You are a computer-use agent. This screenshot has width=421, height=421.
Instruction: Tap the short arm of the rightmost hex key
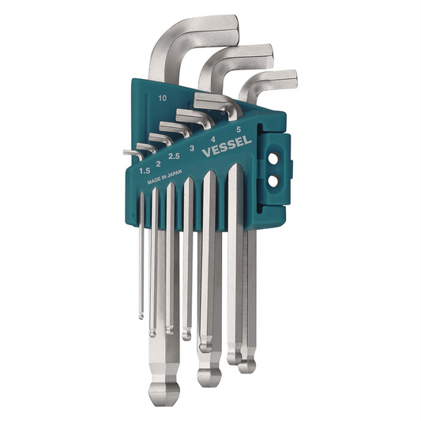coord(273,80)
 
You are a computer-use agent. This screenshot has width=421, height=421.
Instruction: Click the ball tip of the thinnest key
coord(141,315)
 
